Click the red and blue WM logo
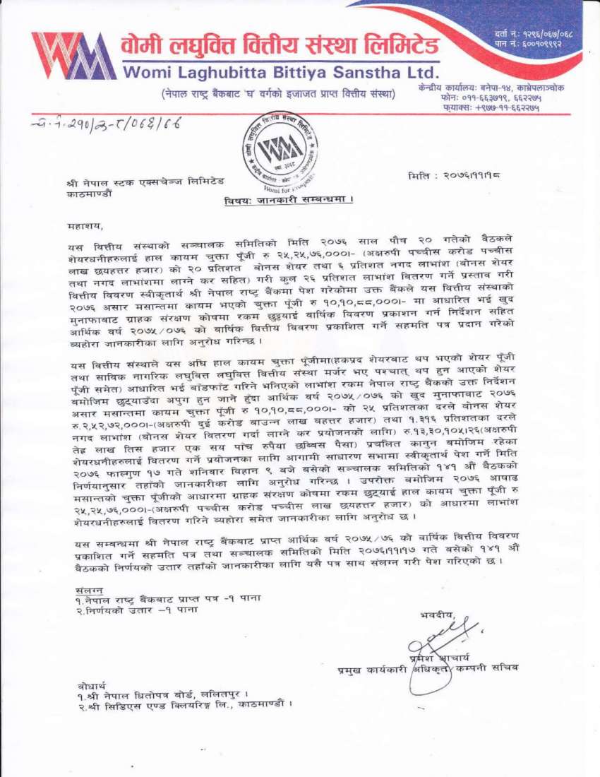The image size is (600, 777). [x=73, y=56]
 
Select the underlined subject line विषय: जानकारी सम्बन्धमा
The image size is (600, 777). [x=288, y=200]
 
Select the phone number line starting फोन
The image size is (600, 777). [x=489, y=99]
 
